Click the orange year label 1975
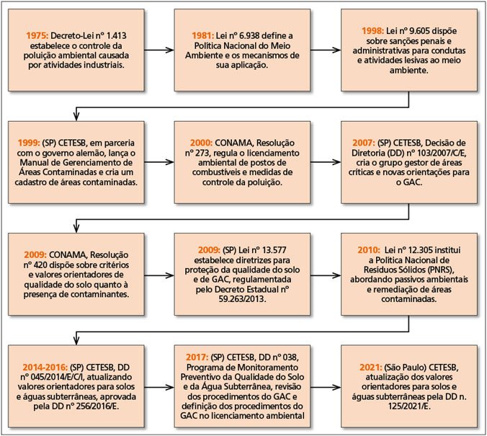37,35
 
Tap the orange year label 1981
202,35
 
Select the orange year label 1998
372,31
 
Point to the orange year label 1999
29,143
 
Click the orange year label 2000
201,143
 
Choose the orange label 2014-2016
45,368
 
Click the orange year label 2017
197,357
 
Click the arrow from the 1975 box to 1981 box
159,50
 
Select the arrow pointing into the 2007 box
326,162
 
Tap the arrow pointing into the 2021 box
326,387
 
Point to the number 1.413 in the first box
117,35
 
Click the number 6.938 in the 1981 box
249,35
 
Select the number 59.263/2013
242,299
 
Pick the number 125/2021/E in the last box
409,406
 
